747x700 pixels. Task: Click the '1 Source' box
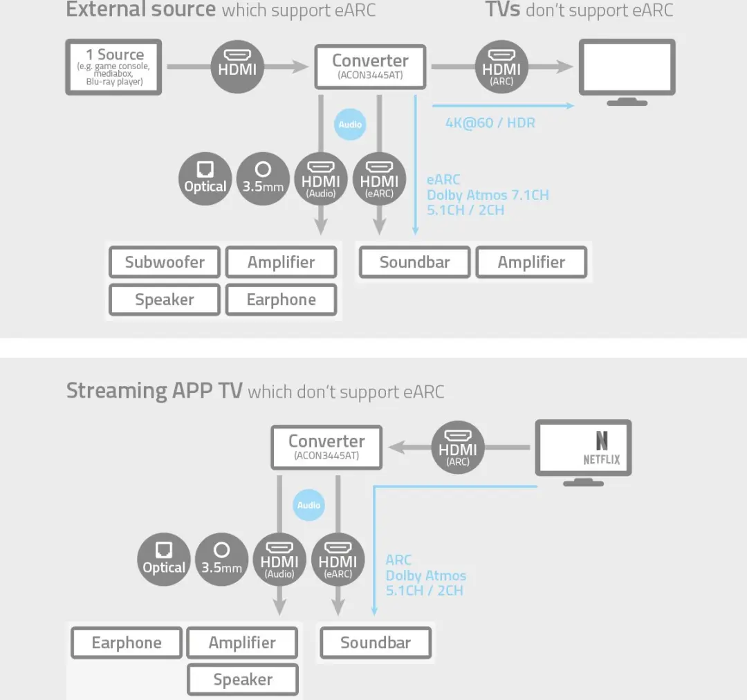tap(113, 67)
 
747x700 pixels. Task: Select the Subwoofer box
tap(165, 262)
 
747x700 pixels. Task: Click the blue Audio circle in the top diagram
tap(350, 125)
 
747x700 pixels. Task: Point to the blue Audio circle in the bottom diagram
tap(308, 505)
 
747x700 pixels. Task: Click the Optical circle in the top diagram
tap(205, 178)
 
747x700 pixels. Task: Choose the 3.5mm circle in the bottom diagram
tap(221, 560)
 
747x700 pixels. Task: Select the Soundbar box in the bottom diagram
tap(376, 643)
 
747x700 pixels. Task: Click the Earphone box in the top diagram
tap(281, 300)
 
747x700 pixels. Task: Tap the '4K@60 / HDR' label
tap(490, 123)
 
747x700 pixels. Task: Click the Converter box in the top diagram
tap(370, 67)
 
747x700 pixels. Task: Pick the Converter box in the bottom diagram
tap(326, 448)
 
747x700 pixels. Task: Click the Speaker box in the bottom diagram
tap(243, 679)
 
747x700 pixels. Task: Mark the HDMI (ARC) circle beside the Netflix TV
tap(458, 448)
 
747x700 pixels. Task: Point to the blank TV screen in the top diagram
tap(627, 66)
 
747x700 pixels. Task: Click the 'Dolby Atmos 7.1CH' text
tap(488, 195)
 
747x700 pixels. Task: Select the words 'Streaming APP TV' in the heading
tap(154, 391)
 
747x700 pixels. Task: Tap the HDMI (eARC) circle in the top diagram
tap(379, 178)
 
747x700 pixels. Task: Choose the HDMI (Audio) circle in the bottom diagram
tap(279, 560)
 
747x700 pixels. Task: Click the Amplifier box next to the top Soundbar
tap(531, 262)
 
